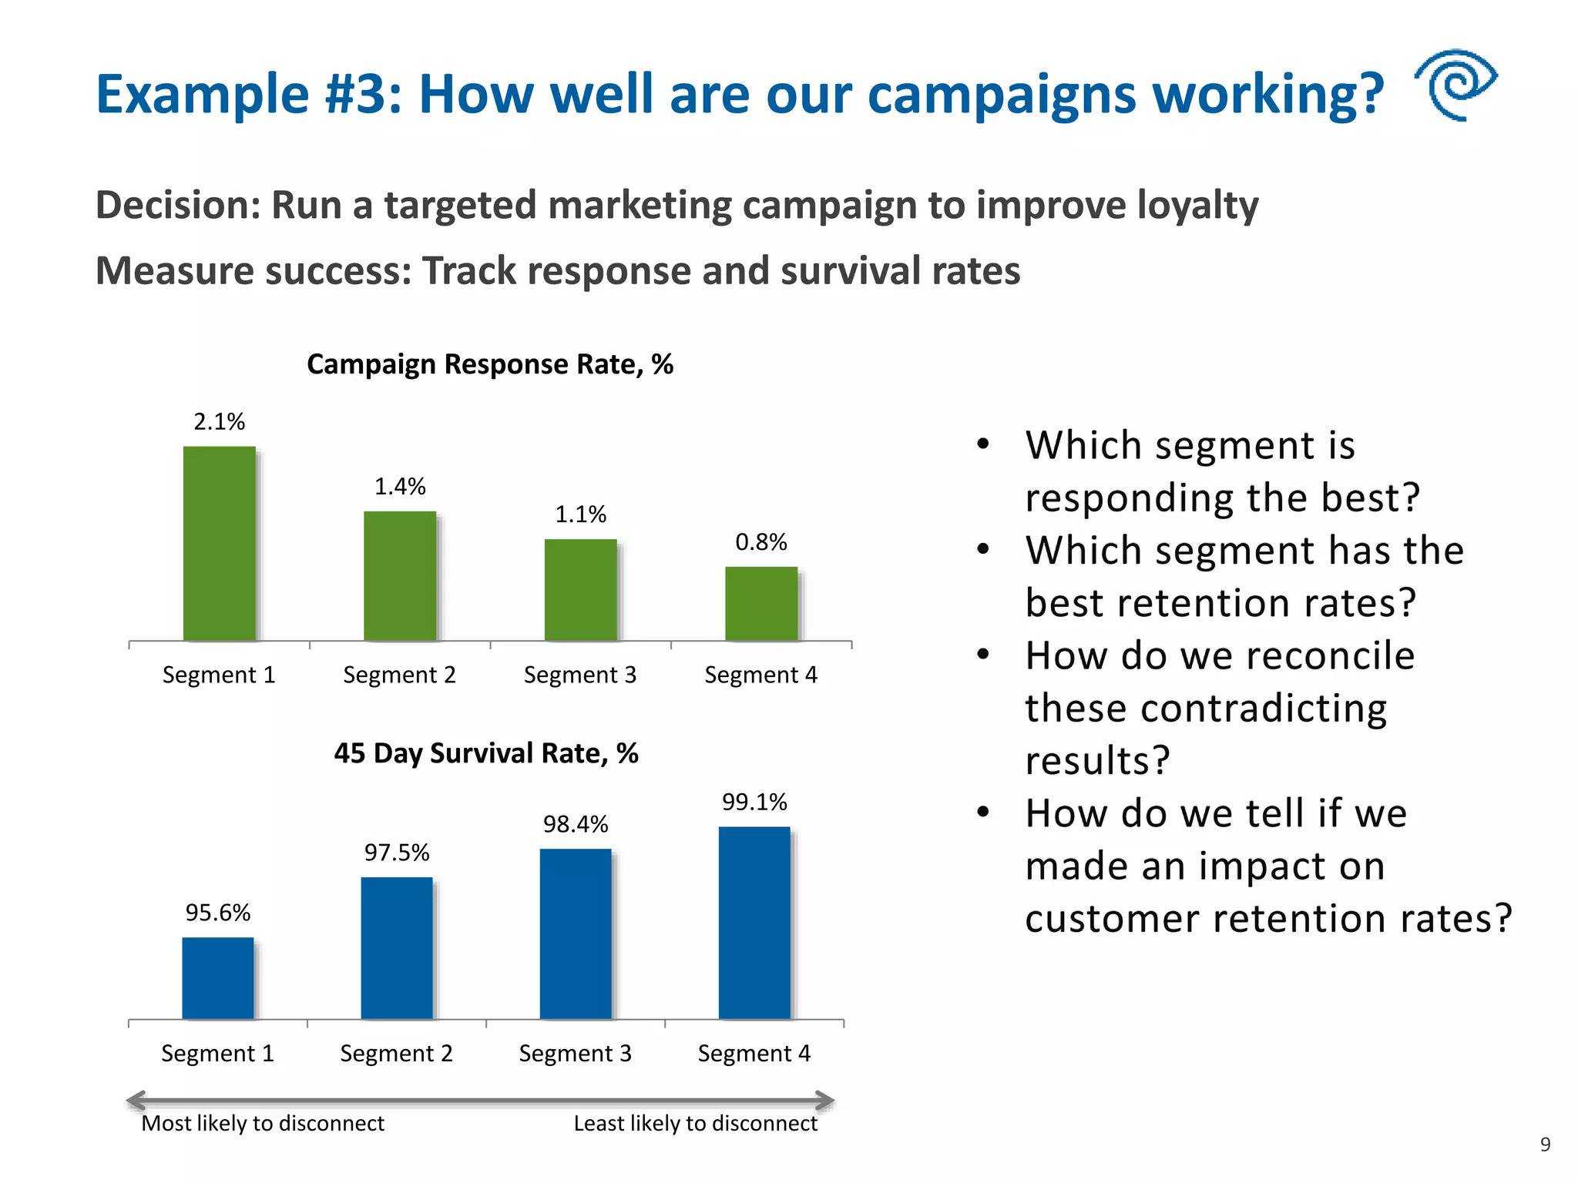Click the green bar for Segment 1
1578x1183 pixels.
pos(219,543)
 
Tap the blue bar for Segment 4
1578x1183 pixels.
pos(754,923)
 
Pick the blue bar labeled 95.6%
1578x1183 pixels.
pos(218,978)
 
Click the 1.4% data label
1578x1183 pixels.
pos(400,487)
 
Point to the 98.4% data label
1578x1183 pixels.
pos(576,825)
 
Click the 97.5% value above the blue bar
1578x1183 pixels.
pos(397,853)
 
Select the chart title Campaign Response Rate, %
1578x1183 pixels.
pos(490,364)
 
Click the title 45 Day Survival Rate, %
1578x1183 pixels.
pos(486,753)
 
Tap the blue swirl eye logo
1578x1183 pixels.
pos(1455,84)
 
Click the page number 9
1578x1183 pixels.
pos(1545,1144)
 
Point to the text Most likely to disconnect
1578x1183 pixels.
pos(263,1124)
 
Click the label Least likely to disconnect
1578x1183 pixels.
pos(695,1124)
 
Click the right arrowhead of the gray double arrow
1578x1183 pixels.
pos(825,1100)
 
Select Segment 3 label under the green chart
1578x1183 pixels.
pos(580,675)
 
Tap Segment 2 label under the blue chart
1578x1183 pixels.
pos(397,1054)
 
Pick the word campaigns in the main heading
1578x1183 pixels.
pos(1002,95)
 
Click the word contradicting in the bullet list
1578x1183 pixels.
pos(1206,709)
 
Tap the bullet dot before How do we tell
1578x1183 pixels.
pos(982,812)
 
